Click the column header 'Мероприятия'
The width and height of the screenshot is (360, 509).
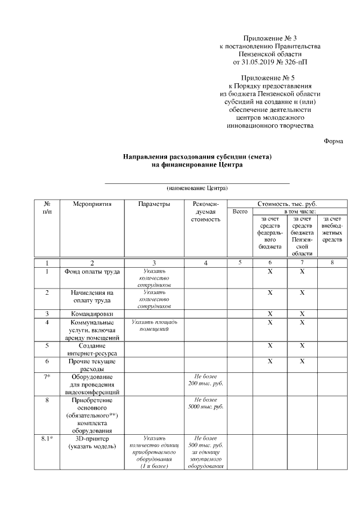[92, 204]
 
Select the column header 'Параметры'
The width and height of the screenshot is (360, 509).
[154, 204]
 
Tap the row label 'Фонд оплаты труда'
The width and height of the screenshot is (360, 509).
[92, 272]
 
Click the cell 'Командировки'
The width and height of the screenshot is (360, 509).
[92, 313]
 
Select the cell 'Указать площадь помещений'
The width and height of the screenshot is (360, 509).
[154, 326]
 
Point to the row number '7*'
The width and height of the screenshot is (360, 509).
[47, 376]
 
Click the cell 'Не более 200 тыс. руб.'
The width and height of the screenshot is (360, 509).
[206, 380]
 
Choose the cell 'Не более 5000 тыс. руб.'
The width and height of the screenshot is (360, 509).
[206, 403]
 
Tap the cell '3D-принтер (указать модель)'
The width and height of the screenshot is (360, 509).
[92, 442]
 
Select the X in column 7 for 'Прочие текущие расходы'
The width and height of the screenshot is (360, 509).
[302, 361]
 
